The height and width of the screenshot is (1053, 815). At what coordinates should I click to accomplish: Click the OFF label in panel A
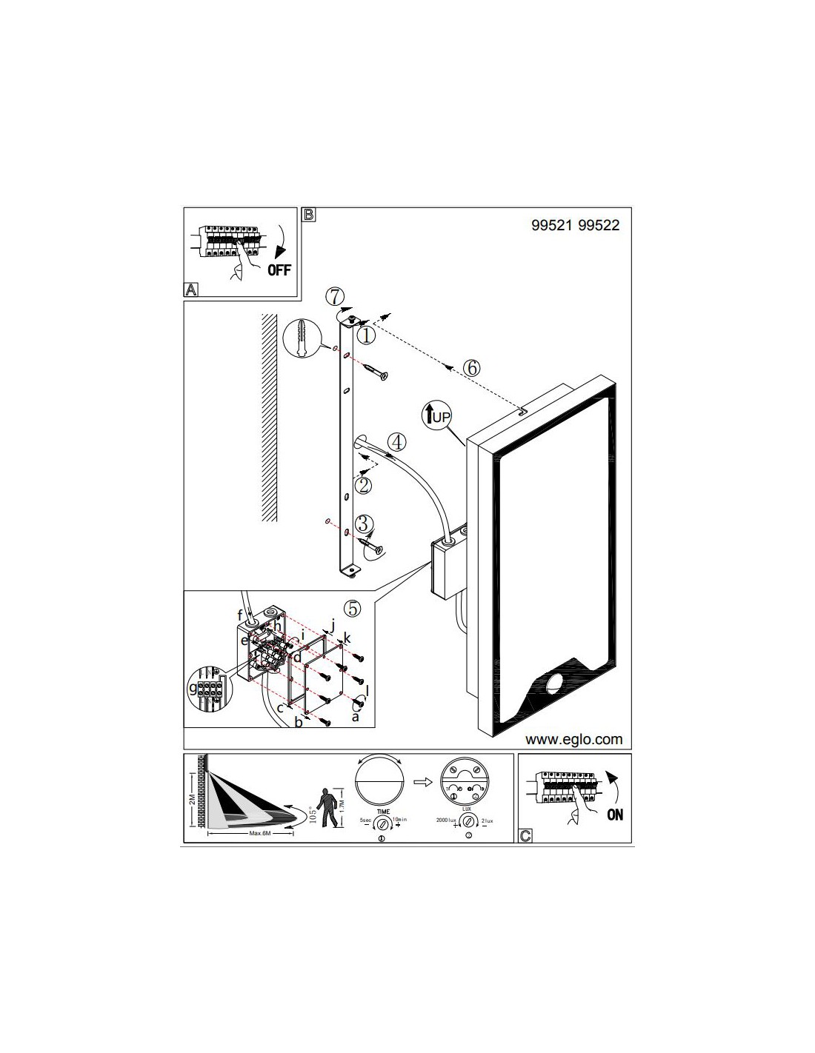pos(279,270)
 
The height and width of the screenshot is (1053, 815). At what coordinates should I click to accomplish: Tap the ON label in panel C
pos(615,815)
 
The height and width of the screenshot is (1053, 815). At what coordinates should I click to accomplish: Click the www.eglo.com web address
pos(573,739)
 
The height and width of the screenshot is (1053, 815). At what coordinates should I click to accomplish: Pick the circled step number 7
pos(335,297)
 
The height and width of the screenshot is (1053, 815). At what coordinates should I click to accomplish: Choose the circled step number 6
pos(472,367)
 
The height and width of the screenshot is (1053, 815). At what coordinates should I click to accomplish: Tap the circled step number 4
pos(397,443)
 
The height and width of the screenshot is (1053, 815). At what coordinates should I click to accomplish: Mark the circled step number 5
pos(353,608)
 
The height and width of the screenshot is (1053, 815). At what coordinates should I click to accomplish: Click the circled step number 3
pos(362,524)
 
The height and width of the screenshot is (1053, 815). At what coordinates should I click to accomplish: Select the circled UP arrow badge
pos(436,415)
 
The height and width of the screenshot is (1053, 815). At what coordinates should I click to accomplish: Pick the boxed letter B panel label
pos(308,215)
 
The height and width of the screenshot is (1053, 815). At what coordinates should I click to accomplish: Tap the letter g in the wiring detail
pos(193,688)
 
